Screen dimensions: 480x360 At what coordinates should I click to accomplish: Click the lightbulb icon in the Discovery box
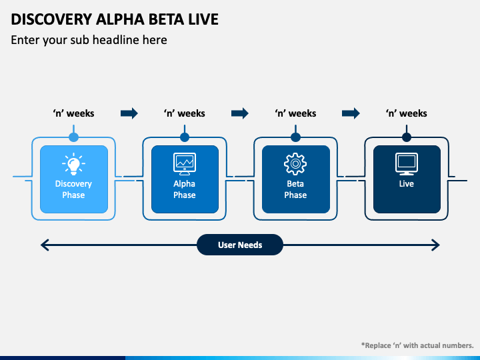[73, 164]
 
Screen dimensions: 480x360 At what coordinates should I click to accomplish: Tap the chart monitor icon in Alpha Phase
[185, 164]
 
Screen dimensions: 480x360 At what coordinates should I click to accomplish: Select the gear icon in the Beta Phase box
[295, 164]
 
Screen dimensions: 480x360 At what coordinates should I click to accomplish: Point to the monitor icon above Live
[407, 164]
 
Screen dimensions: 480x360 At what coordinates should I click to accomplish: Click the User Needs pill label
[240, 245]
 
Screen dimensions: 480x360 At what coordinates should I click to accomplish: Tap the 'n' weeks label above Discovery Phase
[73, 113]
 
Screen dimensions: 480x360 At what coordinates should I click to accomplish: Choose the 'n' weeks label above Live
[406, 113]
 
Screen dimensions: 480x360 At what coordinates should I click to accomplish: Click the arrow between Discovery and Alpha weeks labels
[129, 113]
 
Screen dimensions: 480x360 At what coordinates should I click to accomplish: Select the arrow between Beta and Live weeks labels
[351, 113]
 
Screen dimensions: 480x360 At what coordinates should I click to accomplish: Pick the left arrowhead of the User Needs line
[45, 245]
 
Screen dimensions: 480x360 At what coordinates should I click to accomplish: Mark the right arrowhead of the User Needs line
[435, 245]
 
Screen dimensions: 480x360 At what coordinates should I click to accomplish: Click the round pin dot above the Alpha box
[185, 137]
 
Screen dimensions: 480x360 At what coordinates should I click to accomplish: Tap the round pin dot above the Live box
[407, 137]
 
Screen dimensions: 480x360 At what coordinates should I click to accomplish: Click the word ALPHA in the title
[120, 19]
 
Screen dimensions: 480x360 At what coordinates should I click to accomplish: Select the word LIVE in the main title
[203, 19]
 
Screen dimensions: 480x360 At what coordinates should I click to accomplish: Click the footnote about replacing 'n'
[417, 345]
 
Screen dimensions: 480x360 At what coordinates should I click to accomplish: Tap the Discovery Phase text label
[73, 189]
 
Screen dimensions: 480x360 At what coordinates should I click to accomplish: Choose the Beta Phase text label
[295, 189]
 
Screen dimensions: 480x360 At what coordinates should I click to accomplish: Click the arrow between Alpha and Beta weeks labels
[240, 113]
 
